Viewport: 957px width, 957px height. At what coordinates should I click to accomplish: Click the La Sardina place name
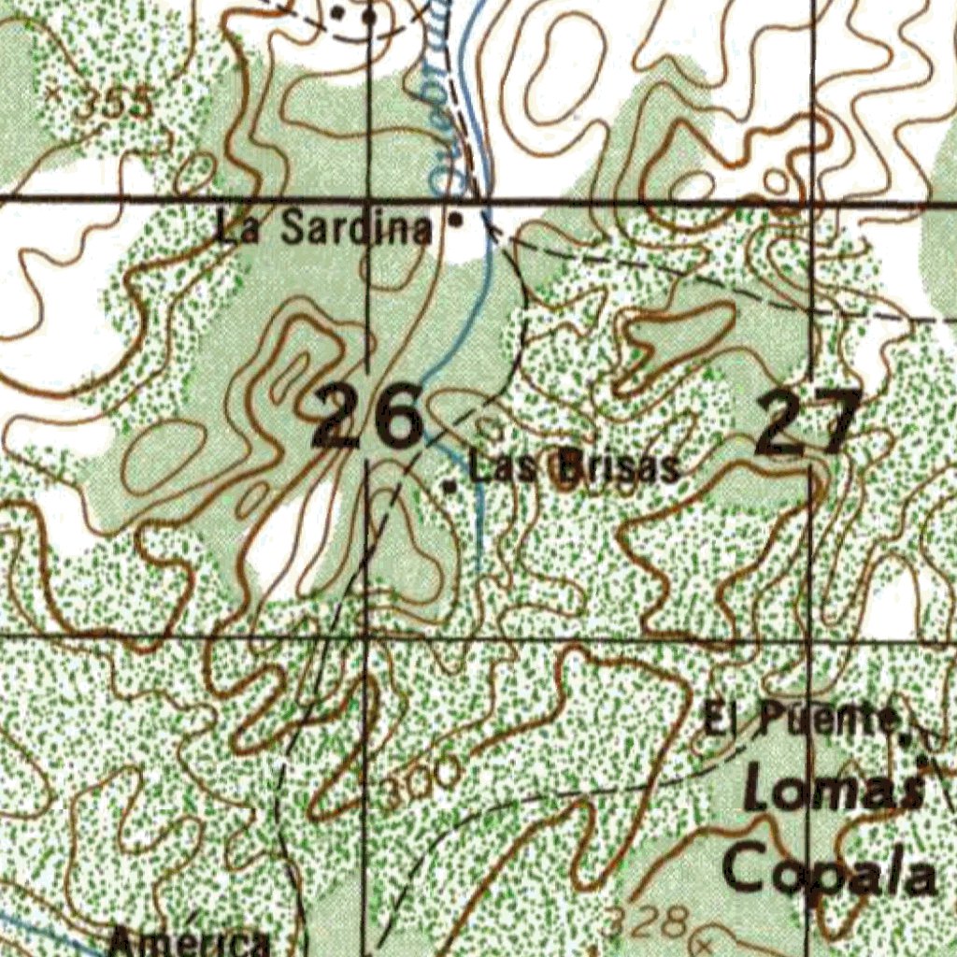[x=324, y=227]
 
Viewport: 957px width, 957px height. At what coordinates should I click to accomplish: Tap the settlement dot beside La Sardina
[x=455, y=221]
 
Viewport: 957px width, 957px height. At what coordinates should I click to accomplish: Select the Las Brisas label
[x=574, y=466]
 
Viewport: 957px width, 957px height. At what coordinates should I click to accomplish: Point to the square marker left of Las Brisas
[x=450, y=487]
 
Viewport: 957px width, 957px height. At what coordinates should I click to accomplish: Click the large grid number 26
[x=366, y=420]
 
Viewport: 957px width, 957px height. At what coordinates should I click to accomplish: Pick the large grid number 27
[x=809, y=422]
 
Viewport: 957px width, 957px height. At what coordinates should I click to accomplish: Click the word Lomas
[x=834, y=793]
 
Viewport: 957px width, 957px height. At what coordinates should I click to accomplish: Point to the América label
[x=189, y=941]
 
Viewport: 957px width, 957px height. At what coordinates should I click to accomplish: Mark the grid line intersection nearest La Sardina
[x=369, y=199]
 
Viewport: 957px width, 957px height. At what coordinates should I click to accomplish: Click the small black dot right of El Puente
[x=906, y=736]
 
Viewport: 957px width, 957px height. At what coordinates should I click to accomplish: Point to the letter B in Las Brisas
[x=569, y=466]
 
